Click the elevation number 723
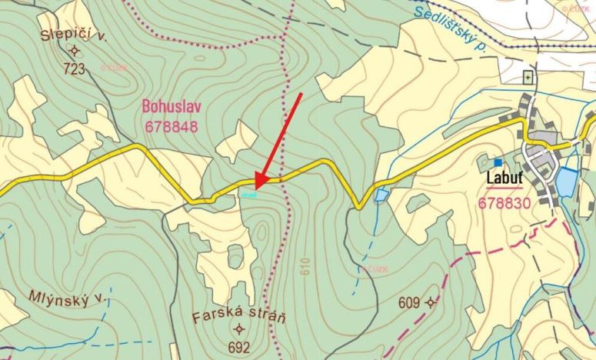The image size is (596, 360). pos(75,69)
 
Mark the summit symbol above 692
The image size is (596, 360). pos(236,330)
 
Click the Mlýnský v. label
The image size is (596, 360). pos(55,297)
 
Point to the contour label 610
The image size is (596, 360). pos(306,267)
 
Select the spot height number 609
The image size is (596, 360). pos(409,302)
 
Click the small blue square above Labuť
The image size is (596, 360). pos(498,162)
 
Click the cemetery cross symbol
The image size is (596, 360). pos(528,77)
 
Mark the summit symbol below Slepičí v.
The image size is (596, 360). pos(75,52)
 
